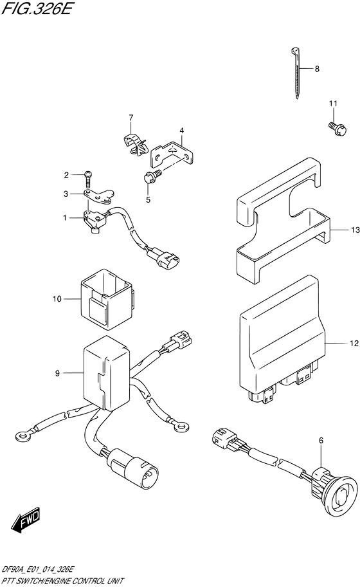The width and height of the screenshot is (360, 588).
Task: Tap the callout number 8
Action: (x=316, y=69)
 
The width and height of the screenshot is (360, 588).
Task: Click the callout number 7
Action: (x=130, y=117)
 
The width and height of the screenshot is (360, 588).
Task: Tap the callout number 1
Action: (x=66, y=219)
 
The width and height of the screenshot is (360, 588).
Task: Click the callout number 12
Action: (x=353, y=345)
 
